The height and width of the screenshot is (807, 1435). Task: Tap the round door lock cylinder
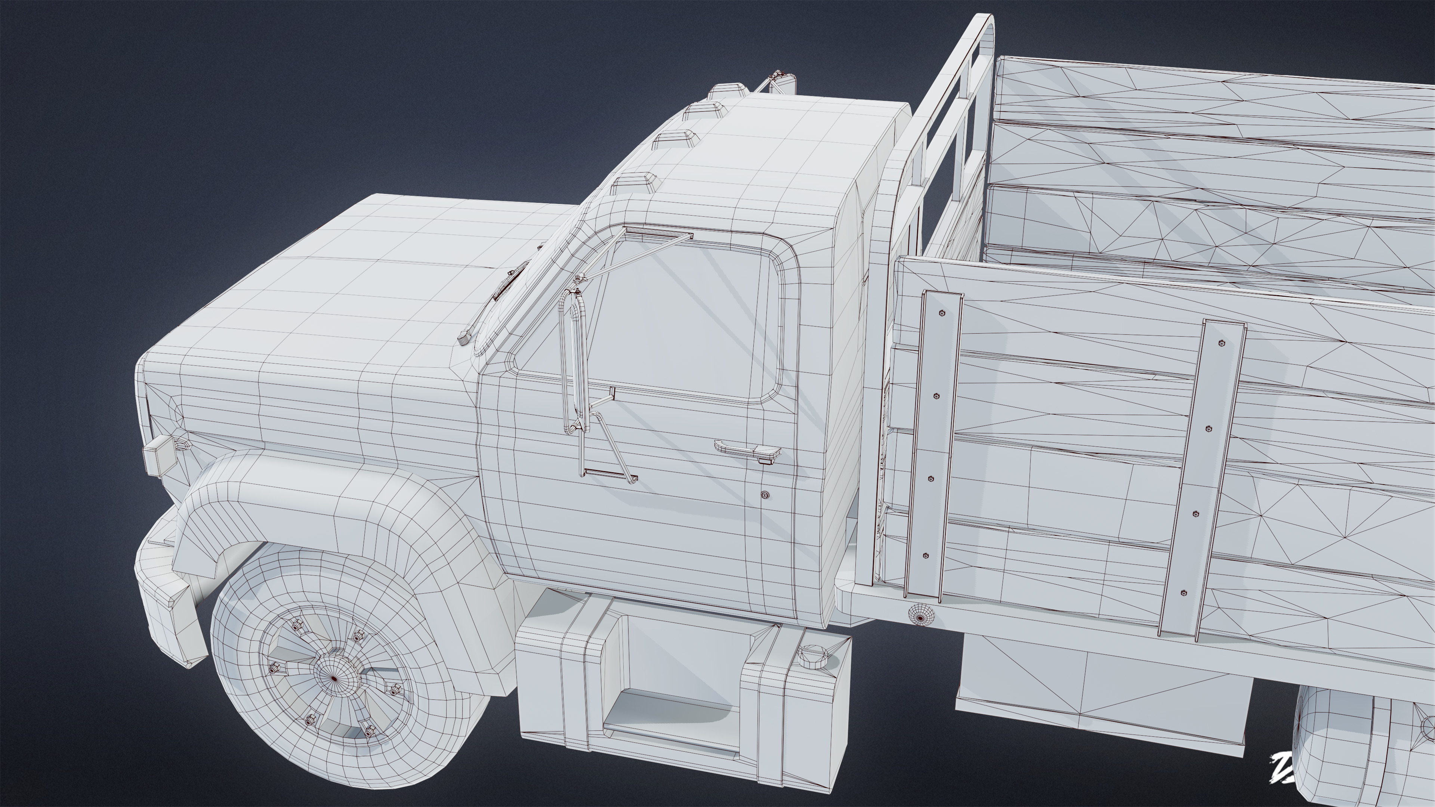765,495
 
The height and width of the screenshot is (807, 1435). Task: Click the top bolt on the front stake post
942,313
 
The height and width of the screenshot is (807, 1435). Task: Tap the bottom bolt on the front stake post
926,556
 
